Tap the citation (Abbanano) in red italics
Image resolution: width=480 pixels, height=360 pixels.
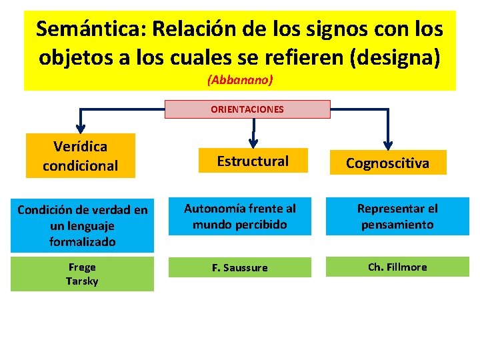click(240, 79)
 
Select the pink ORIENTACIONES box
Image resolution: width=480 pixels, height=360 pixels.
click(247, 109)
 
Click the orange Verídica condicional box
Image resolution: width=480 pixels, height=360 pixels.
click(81, 155)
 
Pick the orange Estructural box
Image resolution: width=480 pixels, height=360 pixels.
click(253, 161)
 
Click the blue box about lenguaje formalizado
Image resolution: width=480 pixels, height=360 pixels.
click(82, 226)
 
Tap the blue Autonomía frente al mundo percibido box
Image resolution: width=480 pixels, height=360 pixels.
click(239, 217)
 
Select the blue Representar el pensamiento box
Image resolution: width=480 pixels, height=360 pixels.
click(397, 217)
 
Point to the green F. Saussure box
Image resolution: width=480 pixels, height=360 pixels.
click(239, 268)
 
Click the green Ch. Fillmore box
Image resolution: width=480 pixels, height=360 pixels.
click(397, 267)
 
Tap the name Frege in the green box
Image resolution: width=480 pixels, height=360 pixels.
click(82, 267)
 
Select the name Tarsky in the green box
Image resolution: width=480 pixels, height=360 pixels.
click(82, 281)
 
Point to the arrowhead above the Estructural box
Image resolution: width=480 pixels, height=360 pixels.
click(253, 142)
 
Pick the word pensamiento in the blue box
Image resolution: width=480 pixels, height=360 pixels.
click(397, 225)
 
